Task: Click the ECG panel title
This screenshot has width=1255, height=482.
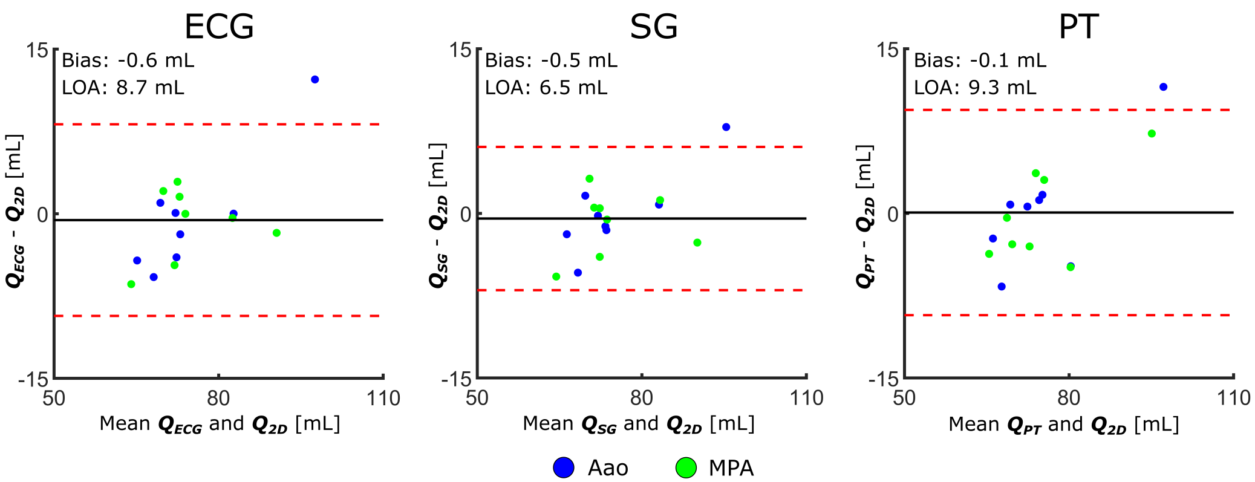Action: pos(219,27)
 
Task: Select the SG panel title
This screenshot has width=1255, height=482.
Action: pos(653,27)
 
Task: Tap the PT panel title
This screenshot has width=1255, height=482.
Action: pos(1078,27)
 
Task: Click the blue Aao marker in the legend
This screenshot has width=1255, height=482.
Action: pos(564,467)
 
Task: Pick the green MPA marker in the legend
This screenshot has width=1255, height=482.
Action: pos(686,467)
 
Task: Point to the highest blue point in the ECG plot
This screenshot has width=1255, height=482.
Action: pos(315,80)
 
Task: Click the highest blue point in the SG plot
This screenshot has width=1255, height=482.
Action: pos(726,127)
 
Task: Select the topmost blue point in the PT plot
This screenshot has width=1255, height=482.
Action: pos(1163,87)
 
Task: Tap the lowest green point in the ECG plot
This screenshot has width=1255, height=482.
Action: pos(131,284)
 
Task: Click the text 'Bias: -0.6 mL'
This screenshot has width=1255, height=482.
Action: pos(128,60)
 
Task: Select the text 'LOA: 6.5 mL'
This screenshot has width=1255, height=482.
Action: pos(546,88)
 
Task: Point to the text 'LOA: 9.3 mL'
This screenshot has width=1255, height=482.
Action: pos(975,88)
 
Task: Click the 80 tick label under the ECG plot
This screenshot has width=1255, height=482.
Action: pos(218,398)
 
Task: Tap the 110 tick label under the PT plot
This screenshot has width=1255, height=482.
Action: pos(1233,398)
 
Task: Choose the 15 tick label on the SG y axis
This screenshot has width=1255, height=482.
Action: pos(460,50)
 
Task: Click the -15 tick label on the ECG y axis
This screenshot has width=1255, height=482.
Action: pos(33,380)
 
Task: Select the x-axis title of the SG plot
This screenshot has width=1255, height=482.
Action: pos(639,424)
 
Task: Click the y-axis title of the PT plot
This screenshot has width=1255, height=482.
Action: pos(865,216)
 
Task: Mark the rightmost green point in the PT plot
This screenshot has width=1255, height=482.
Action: pos(1152,134)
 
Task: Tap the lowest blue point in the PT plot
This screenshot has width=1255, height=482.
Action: pos(1002,287)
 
